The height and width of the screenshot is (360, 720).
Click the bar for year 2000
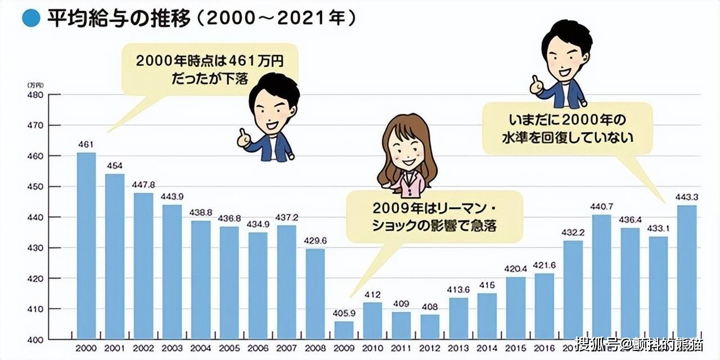86,246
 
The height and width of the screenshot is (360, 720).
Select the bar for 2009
343,330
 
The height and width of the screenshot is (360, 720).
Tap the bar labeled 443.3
687,272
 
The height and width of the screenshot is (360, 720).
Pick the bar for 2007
286,282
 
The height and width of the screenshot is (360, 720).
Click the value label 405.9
343,314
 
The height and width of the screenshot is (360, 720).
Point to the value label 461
86,145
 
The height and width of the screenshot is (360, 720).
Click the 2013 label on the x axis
458,349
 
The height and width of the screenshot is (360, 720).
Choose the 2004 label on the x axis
201,349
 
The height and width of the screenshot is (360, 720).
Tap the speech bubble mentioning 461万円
209,69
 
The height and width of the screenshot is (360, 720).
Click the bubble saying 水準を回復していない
567,128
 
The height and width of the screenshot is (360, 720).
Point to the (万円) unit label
34,84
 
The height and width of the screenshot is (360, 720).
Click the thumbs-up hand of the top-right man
536,86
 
